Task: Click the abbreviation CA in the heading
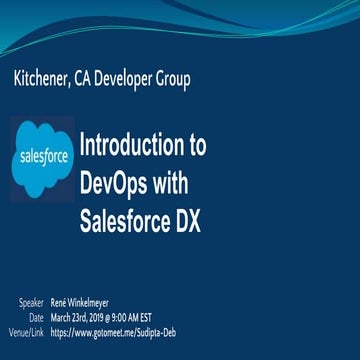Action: coord(103,80)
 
